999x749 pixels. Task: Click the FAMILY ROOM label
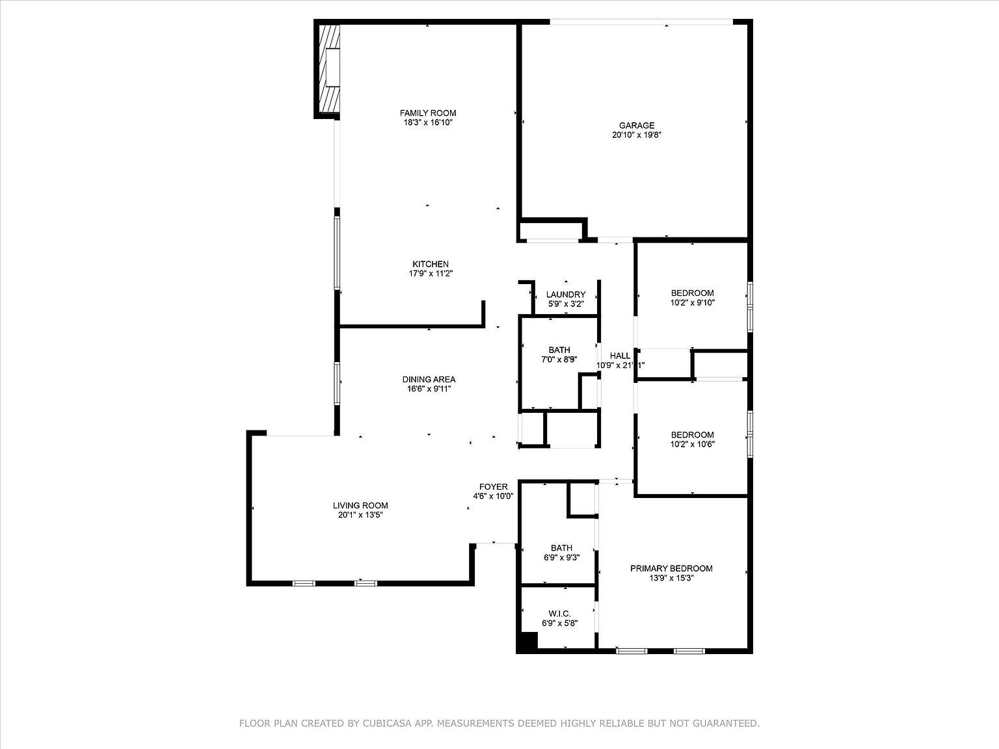tap(428, 113)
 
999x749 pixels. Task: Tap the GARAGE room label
tap(637, 125)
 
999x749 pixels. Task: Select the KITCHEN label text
tap(430, 264)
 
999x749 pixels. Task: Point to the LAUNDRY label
tap(566, 295)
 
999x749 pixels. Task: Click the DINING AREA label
tap(429, 380)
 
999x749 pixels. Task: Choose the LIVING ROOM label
tap(360, 505)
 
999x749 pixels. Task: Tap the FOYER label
tap(493, 487)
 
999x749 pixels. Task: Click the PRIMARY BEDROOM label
tap(671, 568)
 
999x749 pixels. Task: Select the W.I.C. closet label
tap(559, 614)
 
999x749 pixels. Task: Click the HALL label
tap(620, 356)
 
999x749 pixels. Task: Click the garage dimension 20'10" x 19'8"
tap(637, 135)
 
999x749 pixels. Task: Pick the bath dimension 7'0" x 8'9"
tap(559, 360)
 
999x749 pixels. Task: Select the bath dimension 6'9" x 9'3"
tap(561, 557)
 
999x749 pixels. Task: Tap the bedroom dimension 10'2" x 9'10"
tap(693, 302)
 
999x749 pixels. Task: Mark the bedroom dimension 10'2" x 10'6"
tap(693, 444)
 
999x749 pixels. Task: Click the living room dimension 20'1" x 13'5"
tap(360, 515)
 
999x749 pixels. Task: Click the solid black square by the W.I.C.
tap(527, 642)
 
